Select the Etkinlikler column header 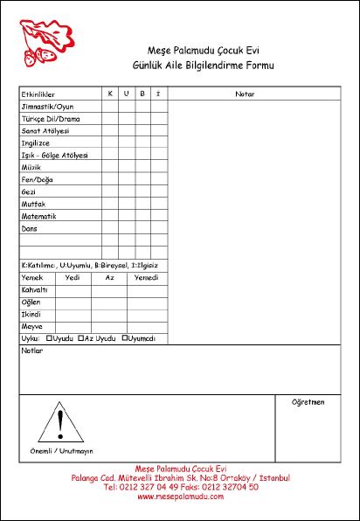tap(38, 93)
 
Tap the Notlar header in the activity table tap(245, 93)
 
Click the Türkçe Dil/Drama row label tap(51, 117)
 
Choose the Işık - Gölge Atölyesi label tap(54, 154)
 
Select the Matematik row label tap(39, 216)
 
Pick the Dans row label tap(30, 228)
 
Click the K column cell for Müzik tap(110, 166)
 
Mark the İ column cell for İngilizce tap(157, 142)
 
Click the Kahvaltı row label tap(34, 289)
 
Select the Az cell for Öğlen tap(109, 302)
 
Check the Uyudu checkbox tap(49, 337)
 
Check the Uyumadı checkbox tap(125, 337)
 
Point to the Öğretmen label tap(308, 402)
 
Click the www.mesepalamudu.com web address tap(180, 496)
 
